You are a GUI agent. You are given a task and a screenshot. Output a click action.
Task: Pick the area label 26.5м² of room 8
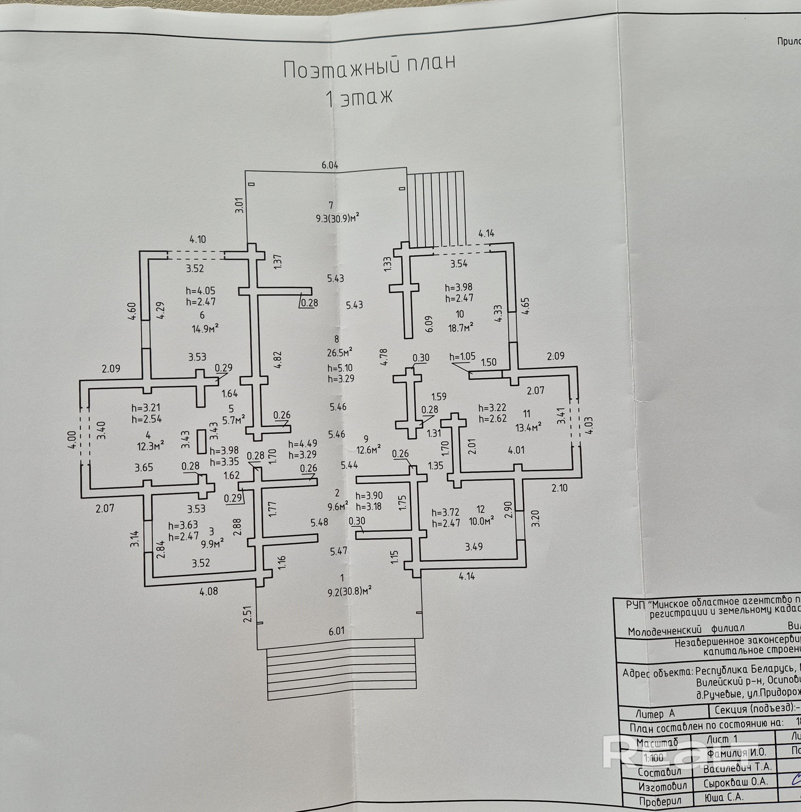coord(340,351)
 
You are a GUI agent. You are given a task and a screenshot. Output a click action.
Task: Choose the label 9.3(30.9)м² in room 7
coord(337,218)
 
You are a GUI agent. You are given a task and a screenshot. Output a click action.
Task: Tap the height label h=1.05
coord(462,357)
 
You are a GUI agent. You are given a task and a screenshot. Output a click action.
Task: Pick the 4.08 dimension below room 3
coord(209,591)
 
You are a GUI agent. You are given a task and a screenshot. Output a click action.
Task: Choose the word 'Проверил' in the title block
coord(660,802)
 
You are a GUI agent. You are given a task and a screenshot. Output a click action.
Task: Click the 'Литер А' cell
coord(655,714)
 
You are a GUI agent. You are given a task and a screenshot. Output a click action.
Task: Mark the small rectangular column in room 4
coord(202,441)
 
